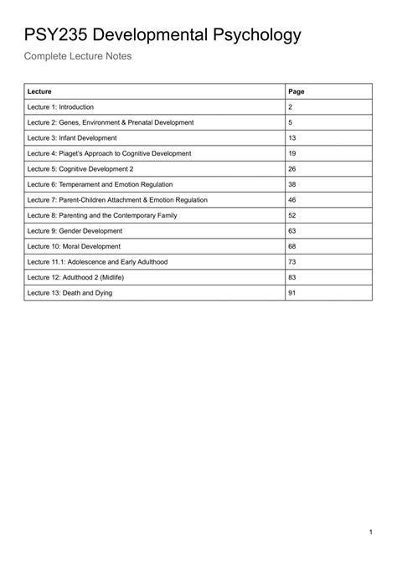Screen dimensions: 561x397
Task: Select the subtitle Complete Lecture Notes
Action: tap(77, 57)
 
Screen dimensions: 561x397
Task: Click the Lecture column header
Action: tap(39, 91)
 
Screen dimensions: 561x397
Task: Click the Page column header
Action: tap(296, 91)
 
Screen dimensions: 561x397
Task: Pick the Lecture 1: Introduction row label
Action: tap(60, 107)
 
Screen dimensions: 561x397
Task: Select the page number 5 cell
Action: tap(291, 122)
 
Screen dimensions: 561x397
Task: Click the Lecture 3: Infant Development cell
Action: tap(72, 138)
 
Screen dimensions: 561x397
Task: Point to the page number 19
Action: tap(292, 153)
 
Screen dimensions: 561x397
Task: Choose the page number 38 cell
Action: tap(292, 184)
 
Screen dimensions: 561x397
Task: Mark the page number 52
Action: tap(292, 215)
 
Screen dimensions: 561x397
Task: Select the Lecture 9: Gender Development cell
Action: tap(74, 231)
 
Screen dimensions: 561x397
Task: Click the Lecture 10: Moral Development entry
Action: tap(74, 246)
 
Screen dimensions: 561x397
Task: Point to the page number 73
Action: tap(292, 262)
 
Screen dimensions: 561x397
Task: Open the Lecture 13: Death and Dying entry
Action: tap(70, 293)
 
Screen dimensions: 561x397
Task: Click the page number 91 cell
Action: tap(292, 293)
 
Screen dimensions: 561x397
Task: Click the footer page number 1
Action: tap(370, 533)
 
